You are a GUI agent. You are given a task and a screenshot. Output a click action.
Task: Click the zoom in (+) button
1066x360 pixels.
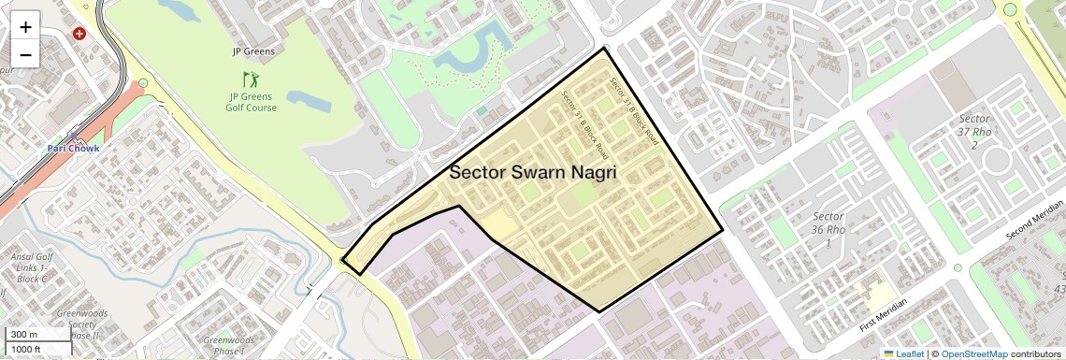click(25, 27)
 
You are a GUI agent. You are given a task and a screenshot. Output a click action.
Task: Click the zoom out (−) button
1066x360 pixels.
click(25, 55)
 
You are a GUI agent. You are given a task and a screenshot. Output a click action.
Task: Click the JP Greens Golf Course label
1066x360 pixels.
click(251, 102)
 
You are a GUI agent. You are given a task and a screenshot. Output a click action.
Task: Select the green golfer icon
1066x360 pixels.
click(250, 79)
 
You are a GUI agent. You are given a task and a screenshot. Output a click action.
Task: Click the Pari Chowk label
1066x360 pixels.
click(73, 148)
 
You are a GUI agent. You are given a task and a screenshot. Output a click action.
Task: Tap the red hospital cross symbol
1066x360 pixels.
click(79, 34)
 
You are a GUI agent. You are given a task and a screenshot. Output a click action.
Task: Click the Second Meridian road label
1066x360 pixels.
click(1035, 220)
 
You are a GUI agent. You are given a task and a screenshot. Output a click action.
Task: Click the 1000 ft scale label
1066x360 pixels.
click(27, 349)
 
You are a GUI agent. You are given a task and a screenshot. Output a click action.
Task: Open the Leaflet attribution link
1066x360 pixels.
click(902, 353)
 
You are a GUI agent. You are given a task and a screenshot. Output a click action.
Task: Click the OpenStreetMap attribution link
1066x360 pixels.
click(973, 353)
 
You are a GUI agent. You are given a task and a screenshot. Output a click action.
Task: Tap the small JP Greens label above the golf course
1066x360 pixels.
click(253, 51)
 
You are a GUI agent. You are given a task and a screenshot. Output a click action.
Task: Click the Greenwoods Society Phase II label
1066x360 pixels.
click(81, 324)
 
